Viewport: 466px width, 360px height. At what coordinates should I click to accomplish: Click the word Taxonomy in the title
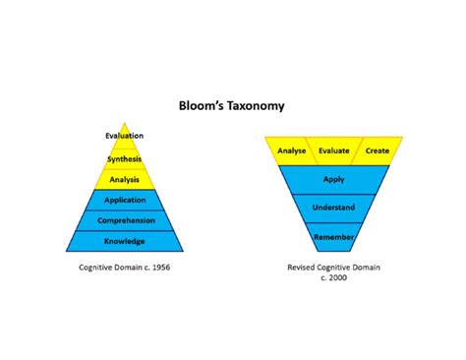click(255, 104)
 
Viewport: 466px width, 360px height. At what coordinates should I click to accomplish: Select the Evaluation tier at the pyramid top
click(125, 136)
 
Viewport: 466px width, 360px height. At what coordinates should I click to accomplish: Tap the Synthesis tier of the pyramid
click(125, 157)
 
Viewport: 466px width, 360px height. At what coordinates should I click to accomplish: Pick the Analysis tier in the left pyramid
click(125, 179)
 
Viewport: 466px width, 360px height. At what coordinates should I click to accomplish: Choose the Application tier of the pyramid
click(125, 200)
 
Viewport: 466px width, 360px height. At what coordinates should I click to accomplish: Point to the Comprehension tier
click(125, 220)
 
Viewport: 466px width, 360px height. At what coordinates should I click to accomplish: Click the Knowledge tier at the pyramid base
click(125, 241)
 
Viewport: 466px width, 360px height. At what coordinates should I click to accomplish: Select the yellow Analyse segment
click(292, 150)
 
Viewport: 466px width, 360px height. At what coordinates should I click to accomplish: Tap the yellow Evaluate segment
click(334, 150)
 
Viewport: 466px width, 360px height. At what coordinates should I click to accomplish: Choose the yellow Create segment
click(378, 150)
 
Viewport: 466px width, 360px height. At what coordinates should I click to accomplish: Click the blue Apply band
click(334, 179)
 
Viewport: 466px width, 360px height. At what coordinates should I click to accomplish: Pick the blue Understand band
click(334, 209)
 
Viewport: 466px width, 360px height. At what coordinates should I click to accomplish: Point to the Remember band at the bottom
click(334, 237)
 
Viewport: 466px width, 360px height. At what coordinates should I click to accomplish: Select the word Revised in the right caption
click(304, 267)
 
